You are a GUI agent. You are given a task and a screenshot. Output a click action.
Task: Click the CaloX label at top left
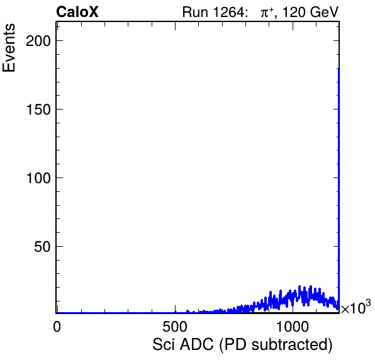[77, 12]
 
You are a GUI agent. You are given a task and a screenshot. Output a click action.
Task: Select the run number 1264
[228, 12]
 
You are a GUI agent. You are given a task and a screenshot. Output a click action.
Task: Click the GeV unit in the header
[324, 12]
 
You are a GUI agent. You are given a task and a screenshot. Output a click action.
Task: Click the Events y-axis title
[9, 48]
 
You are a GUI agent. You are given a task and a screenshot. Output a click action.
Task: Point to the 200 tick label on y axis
[38, 41]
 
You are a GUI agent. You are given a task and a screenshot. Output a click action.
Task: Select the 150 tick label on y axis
[38, 110]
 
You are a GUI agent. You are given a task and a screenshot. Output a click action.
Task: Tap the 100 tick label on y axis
[38, 178]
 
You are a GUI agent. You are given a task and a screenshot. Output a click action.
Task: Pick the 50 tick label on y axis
[42, 247]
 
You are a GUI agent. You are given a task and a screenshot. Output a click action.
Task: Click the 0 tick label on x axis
[57, 327]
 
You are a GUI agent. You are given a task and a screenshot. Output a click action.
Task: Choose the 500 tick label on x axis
[175, 327]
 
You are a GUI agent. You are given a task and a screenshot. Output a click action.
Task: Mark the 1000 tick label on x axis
[293, 327]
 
